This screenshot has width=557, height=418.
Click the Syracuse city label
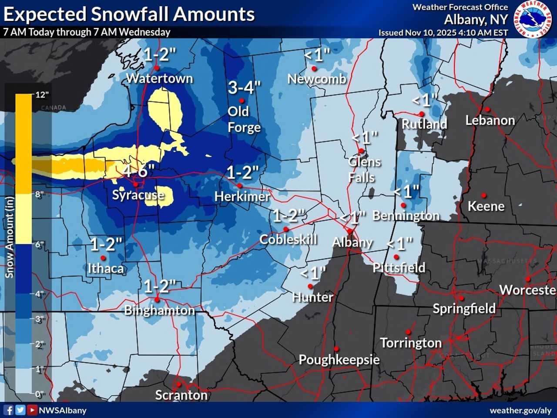coord(138,195)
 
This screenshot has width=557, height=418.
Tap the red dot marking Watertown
coord(157,68)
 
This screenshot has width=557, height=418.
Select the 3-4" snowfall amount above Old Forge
coord(244,88)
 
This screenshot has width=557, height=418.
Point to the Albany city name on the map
coord(352,242)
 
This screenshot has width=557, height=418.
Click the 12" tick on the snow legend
coord(41,95)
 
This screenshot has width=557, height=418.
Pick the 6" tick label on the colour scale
coord(40,244)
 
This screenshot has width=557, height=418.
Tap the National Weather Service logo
coord(533,19)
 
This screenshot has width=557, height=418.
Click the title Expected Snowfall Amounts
coord(129,14)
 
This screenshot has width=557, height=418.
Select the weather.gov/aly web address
coord(520,410)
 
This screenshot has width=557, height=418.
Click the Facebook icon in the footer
coord(8,410)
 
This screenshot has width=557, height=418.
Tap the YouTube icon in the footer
coord(32,410)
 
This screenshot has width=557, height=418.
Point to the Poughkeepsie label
coord(339,360)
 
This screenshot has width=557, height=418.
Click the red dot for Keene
coord(483,196)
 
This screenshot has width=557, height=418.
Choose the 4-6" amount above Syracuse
coord(138,171)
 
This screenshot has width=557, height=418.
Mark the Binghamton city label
coord(159,310)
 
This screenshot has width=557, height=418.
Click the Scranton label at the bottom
coord(181,395)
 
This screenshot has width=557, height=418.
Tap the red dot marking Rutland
coord(422,114)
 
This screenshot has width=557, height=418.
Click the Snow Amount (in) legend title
coord(9,237)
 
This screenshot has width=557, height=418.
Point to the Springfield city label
coord(464,308)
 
